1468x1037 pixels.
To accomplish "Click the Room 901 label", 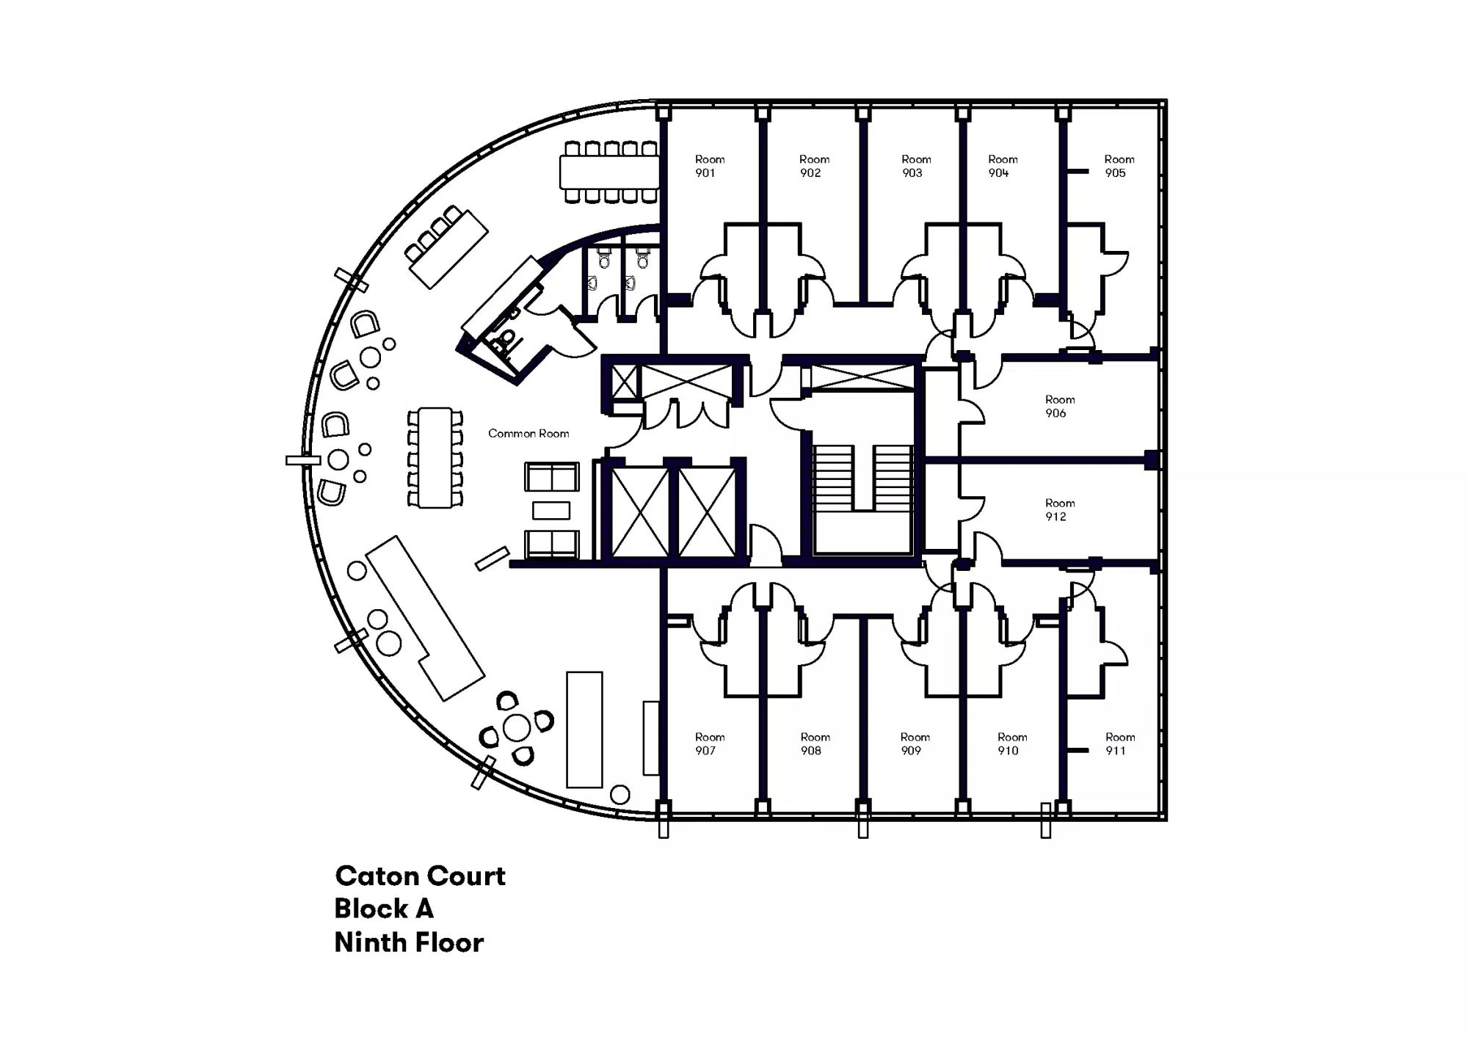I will [709, 166].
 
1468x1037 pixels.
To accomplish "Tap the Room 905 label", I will [1119, 166].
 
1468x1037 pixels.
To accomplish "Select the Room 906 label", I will [1059, 407].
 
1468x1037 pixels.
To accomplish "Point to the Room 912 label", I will [1059, 510].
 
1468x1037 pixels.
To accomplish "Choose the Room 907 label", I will [709, 743].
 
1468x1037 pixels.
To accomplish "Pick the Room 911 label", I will [1119, 743].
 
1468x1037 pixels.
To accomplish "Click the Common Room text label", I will [528, 434].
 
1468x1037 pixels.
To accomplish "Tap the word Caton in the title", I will [377, 876].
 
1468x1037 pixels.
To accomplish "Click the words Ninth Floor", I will [409, 943].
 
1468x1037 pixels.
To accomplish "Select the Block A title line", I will [384, 909].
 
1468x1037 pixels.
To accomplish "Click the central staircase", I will [862, 479].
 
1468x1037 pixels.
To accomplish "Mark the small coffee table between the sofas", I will [551, 510].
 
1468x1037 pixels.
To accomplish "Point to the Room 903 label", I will [915, 166].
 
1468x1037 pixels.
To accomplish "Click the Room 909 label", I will [915, 743].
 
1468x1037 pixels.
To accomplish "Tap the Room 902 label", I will [813, 166].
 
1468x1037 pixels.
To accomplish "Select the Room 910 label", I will [1011, 743].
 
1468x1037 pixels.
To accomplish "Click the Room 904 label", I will [1002, 166].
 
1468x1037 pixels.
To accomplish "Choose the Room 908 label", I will [814, 743].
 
